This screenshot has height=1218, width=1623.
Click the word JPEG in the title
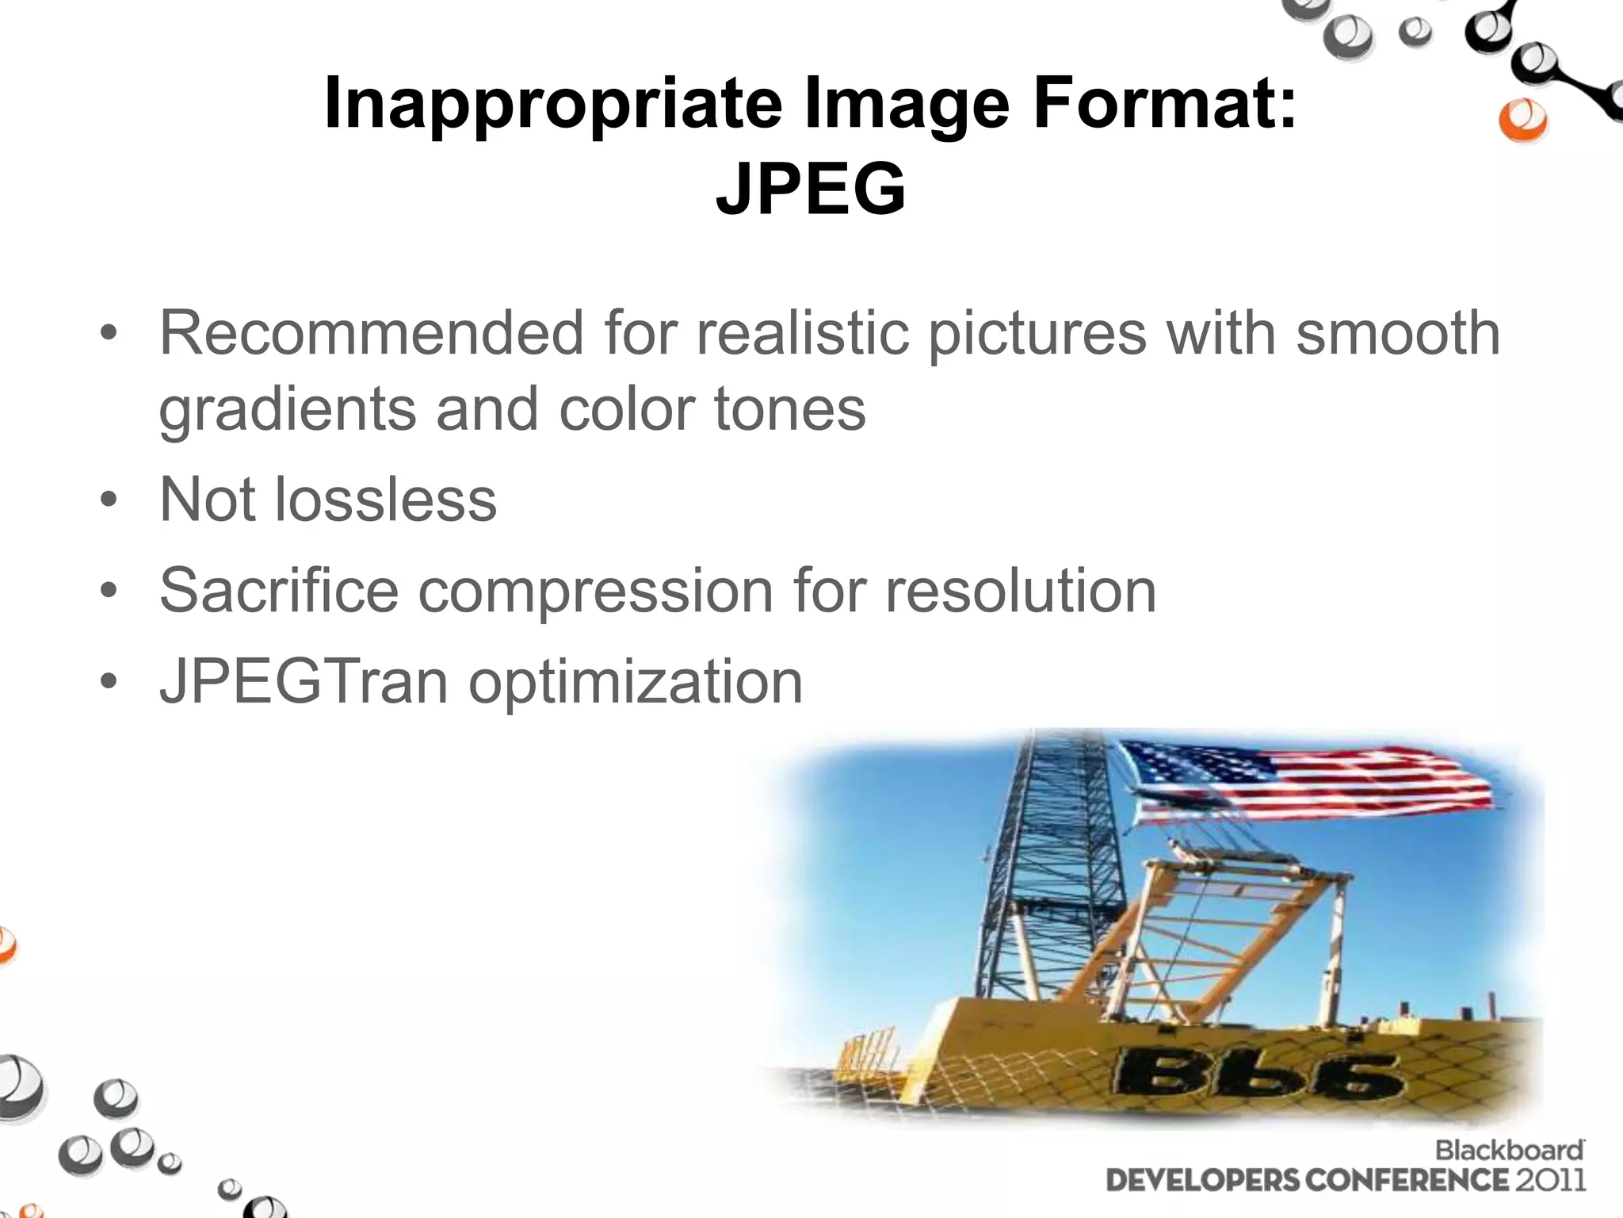(811, 189)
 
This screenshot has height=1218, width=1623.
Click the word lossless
(385, 500)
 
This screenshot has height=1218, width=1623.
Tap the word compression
(595, 592)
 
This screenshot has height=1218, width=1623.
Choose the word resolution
(1020, 590)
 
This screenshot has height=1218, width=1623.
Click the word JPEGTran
(304, 681)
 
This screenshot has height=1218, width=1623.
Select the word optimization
(636, 683)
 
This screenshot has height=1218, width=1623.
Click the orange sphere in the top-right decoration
(1522, 121)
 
